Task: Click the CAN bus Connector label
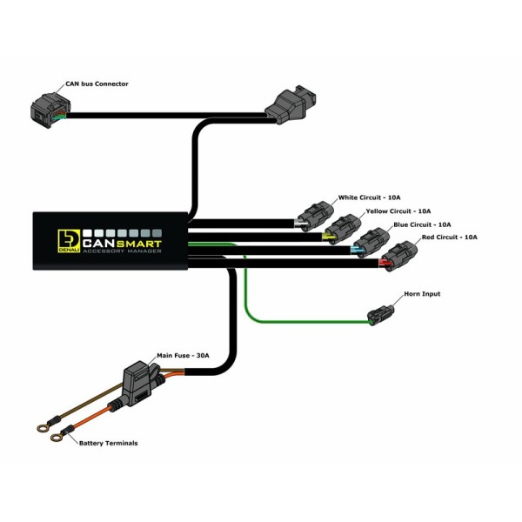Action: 97,84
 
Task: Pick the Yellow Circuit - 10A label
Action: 399,211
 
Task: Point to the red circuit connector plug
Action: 398,254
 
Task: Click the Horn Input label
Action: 422,294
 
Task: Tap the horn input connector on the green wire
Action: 382,314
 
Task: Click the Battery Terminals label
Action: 108,443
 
